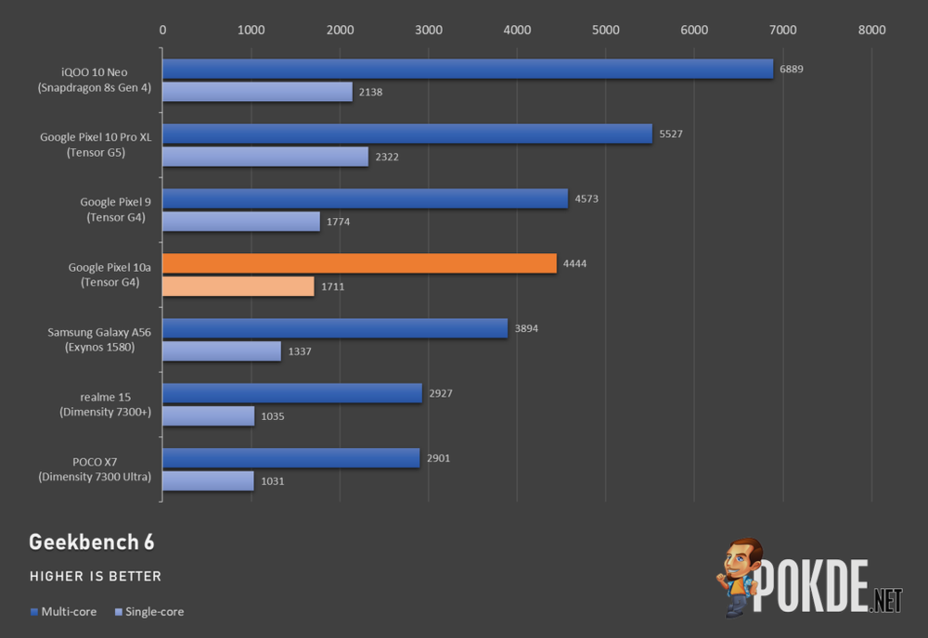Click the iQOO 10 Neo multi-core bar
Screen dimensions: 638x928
(468, 69)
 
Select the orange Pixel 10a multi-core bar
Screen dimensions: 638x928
(359, 263)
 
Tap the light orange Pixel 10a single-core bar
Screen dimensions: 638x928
(238, 287)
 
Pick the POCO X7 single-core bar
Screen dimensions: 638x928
(208, 480)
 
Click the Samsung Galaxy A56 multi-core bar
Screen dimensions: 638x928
(335, 328)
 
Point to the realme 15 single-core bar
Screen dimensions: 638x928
(208, 415)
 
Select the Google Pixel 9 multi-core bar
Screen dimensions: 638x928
(365, 198)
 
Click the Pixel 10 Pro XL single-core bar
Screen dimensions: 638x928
(265, 157)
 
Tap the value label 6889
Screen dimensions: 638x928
(792, 70)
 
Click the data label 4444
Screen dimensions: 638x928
(574, 264)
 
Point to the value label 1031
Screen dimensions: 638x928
(272, 481)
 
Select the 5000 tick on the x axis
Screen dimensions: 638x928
(605, 30)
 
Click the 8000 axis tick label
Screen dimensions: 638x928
(871, 30)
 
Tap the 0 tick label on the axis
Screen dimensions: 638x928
(163, 30)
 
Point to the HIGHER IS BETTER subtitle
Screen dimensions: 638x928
(96, 577)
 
